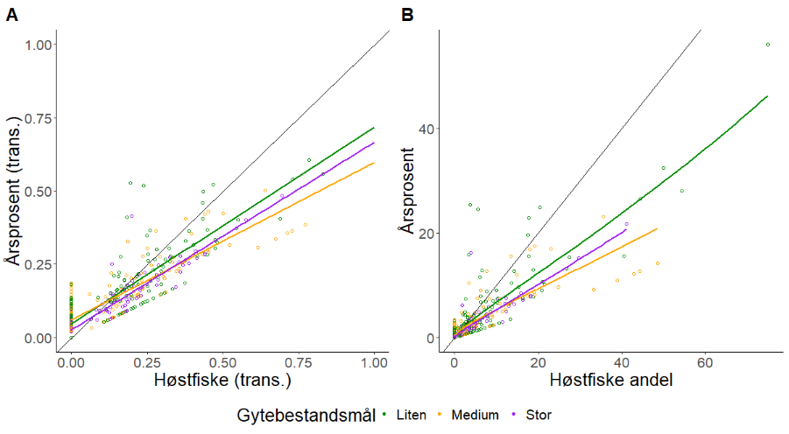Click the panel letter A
point(12,15)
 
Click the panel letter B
point(407,15)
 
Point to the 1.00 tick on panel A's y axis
point(39,45)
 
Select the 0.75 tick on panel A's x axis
point(299,362)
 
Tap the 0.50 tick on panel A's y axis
point(39,192)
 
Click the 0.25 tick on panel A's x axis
point(147,362)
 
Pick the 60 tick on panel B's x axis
point(705,362)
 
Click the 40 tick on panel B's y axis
point(426,129)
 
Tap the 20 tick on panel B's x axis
point(538,362)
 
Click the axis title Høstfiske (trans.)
point(222,380)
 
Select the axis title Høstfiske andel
point(611,380)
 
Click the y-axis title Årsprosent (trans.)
point(14,191)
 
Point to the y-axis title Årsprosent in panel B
point(406,191)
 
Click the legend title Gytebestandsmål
point(306,416)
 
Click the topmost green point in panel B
point(768,45)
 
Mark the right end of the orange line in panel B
point(657,229)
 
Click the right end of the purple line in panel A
point(374,143)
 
